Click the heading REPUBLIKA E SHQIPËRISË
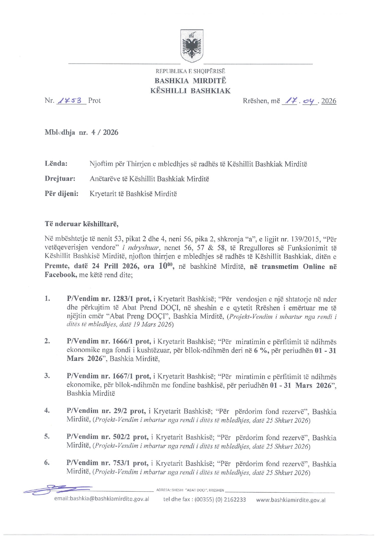pos(190,71)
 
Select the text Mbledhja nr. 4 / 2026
pos(81,132)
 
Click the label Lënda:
pos(56,163)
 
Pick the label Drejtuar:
pos(60,178)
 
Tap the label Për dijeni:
pos(61,193)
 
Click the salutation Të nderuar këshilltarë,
pos(81,224)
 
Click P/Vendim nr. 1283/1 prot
pos(109,299)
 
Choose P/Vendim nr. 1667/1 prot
pos(109,377)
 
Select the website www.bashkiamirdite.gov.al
pos(291,500)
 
